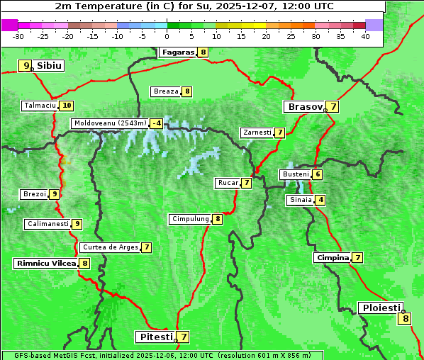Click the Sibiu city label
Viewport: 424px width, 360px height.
[50, 66]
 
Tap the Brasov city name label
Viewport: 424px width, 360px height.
[303, 107]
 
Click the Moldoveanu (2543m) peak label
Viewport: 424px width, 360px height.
[110, 123]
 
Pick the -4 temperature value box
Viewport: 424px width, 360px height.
[156, 123]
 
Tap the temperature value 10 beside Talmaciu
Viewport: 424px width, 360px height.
[67, 106]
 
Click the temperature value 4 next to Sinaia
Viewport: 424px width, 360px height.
[321, 200]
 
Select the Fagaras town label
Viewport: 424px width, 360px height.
[177, 52]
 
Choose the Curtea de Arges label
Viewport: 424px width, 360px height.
[109, 247]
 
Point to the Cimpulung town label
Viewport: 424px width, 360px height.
[190, 219]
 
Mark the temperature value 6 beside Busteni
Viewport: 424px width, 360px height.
[318, 174]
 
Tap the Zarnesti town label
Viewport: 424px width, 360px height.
[257, 133]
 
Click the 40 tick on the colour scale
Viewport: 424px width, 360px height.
[365, 36]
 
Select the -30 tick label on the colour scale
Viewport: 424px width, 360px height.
[18, 36]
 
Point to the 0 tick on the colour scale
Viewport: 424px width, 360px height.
[167, 36]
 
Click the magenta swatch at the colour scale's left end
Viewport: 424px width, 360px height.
[9, 25]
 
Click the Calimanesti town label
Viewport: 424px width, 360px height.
[48, 224]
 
